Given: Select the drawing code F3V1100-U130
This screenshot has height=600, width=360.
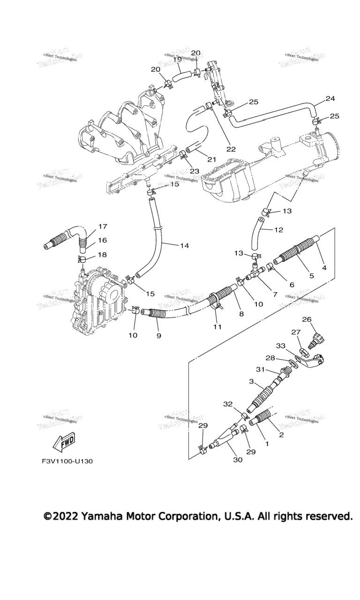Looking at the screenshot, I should click(x=67, y=461).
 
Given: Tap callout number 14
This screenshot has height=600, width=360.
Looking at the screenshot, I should click(x=184, y=245).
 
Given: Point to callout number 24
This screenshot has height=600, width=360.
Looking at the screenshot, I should click(x=330, y=99).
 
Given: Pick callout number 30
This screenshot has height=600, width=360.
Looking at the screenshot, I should click(x=238, y=460).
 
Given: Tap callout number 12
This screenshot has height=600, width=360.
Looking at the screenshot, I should click(x=278, y=230).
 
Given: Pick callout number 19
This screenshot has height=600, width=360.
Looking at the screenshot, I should click(x=178, y=60).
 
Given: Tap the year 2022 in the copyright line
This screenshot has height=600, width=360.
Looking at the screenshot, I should click(x=66, y=517).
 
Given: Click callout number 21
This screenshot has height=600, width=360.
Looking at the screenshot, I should click(x=211, y=159).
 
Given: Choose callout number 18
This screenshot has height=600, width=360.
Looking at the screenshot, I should click(x=102, y=255).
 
